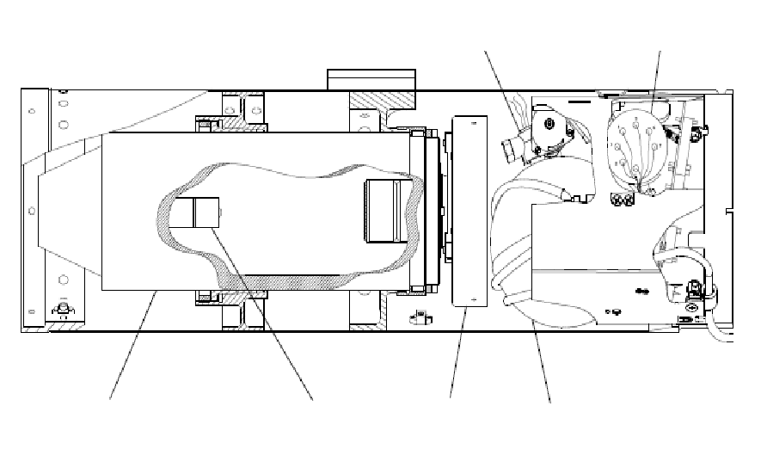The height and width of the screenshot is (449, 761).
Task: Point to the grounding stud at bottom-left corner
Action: pyautogui.click(x=63, y=307)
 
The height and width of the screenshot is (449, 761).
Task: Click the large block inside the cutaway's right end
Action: pyautogui.click(x=384, y=212)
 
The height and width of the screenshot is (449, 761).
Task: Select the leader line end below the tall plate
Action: pyautogui.click(x=451, y=398)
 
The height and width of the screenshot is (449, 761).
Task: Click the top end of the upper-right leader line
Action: pyautogui.click(x=661, y=52)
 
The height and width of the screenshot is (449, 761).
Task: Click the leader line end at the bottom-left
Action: pyautogui.click(x=110, y=399)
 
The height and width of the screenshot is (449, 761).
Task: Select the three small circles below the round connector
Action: pyautogui.click(x=619, y=200)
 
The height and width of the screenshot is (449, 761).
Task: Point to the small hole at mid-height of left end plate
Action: pyautogui.click(x=32, y=209)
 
